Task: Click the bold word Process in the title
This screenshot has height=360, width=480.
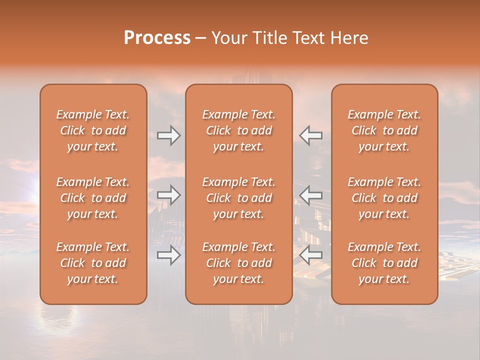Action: tap(157, 38)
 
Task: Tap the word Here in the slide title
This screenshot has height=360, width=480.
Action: tap(349, 38)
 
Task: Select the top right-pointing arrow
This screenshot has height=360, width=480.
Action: tap(168, 135)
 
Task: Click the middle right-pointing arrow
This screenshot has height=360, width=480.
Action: tap(168, 195)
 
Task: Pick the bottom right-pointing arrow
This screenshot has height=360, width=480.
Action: tap(168, 255)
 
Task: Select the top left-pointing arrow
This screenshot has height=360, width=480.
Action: tap(311, 135)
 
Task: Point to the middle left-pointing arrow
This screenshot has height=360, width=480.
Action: tap(311, 195)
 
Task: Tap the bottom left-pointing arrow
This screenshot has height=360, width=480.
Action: tap(311, 255)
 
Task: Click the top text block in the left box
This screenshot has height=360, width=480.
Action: tap(93, 130)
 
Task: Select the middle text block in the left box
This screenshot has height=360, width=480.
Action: tap(93, 198)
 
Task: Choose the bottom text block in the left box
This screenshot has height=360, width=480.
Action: tap(93, 263)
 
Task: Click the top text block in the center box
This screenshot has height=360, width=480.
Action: tap(238, 130)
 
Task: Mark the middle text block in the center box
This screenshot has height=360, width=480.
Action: tap(238, 198)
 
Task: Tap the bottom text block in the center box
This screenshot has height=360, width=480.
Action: tap(238, 263)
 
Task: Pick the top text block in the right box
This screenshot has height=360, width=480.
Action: tap(384, 130)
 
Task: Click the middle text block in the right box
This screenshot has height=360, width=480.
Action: tap(384, 198)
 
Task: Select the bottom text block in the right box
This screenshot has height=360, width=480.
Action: tap(384, 263)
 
